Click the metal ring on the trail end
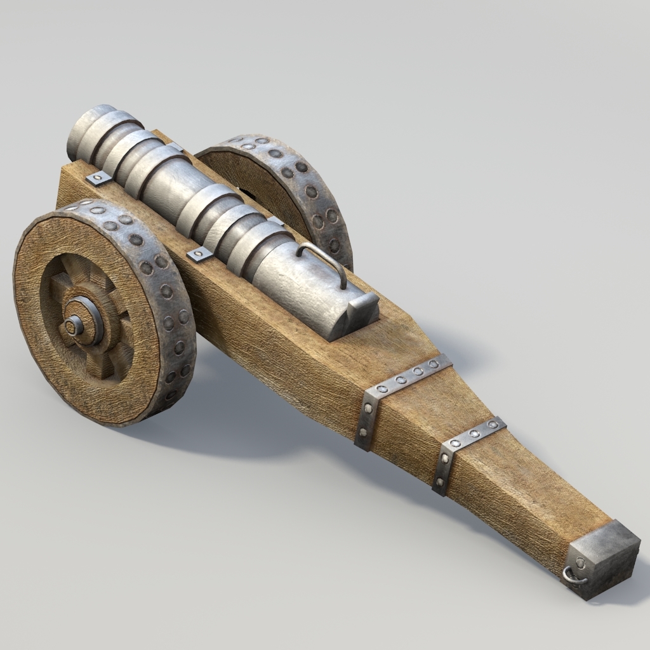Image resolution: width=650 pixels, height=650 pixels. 574,574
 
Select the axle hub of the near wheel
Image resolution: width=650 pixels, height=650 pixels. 76,325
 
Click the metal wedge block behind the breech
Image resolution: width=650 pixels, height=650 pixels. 362,310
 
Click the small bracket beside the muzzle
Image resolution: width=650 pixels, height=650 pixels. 98,177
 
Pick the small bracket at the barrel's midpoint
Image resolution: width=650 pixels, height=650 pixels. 199,254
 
